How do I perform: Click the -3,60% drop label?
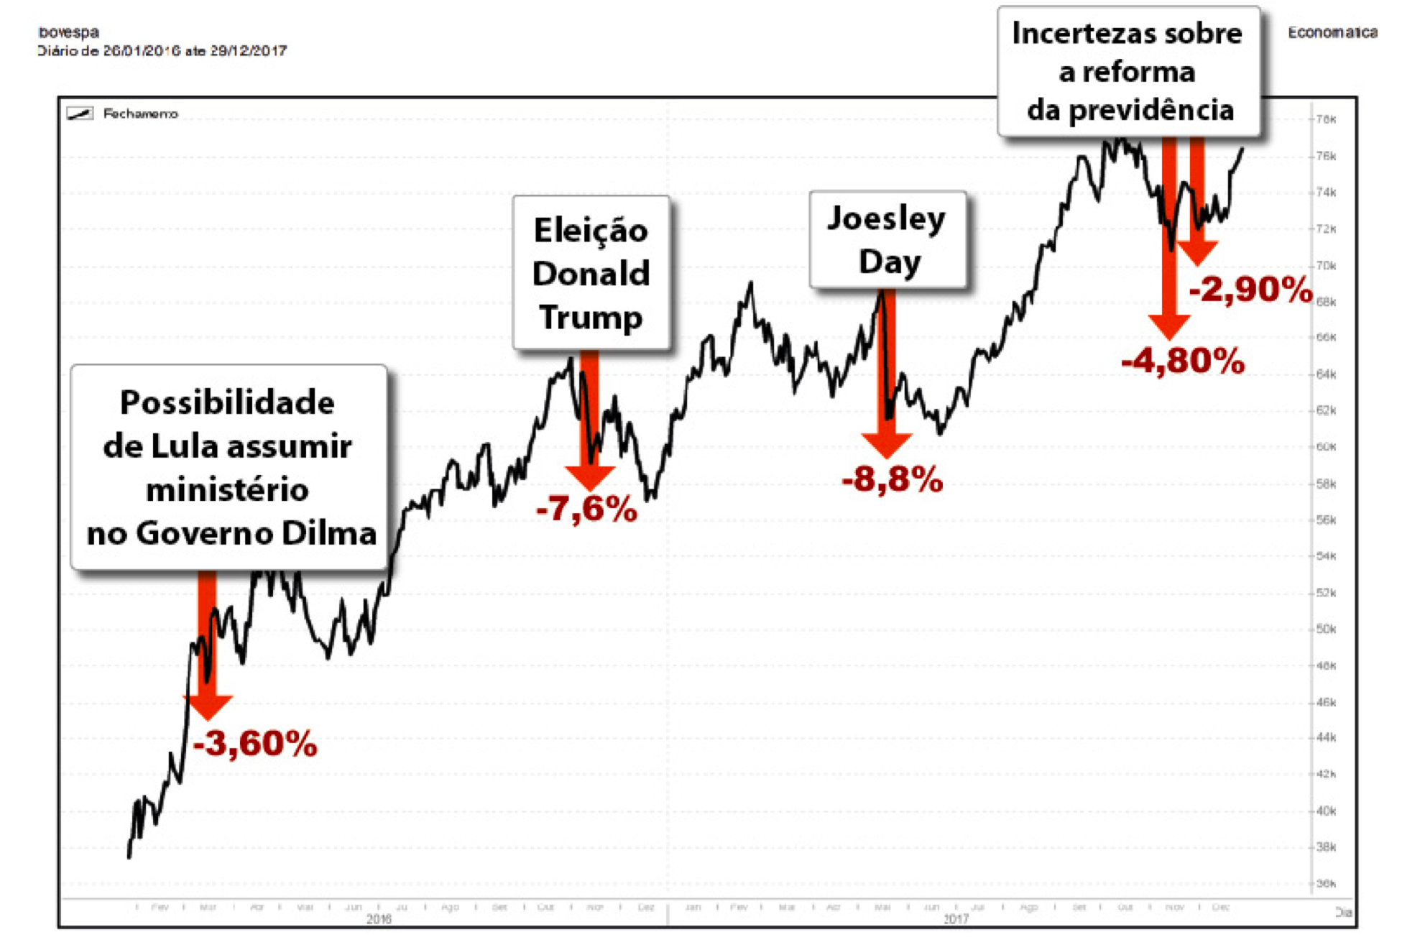[255, 744]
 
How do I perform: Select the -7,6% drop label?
[586, 509]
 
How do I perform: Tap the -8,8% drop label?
[892, 479]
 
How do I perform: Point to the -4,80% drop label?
[1183, 361]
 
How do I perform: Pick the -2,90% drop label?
[1250, 290]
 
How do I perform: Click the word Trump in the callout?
[591, 317]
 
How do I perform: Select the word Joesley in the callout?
[886, 218]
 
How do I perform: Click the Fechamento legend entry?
[139, 114]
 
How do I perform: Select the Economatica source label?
[1332, 32]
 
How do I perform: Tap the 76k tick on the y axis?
[1326, 156]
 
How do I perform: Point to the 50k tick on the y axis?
[1326, 629]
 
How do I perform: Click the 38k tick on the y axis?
[1326, 847]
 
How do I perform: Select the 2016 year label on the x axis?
[379, 919]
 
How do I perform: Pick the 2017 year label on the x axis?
[956, 919]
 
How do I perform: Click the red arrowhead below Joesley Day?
[887, 445]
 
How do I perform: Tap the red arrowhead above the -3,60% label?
[208, 706]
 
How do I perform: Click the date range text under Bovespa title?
[162, 51]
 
